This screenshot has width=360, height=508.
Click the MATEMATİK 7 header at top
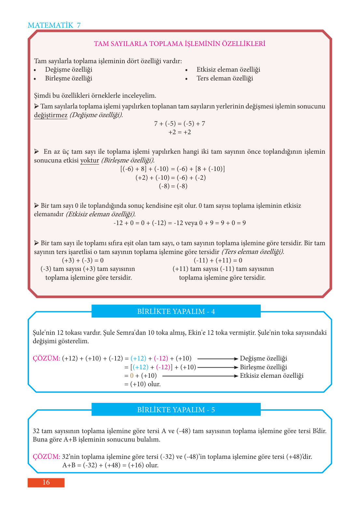54,25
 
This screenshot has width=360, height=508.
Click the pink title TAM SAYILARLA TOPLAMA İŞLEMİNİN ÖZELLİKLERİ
179,44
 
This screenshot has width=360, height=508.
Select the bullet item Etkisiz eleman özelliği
228,69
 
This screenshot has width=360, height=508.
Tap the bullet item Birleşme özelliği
68,78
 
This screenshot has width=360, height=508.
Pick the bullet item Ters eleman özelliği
225,78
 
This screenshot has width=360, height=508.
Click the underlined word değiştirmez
50,115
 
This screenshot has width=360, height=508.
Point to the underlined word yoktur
90,160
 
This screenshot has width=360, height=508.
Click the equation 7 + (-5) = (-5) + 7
179,123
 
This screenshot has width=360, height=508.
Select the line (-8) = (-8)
173,186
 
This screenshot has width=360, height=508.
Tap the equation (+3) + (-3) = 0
83,260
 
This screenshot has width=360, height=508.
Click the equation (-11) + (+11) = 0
218,260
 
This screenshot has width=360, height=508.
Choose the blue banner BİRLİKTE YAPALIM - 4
176,311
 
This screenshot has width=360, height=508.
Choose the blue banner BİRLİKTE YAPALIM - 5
176,410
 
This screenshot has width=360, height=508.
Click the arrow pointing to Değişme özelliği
217,359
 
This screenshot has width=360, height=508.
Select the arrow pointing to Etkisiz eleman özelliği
200,376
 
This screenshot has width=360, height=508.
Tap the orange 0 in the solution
132,376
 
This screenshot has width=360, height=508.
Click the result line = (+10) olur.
143,384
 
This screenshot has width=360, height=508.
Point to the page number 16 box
46,482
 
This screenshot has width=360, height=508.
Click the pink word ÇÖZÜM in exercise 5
46,457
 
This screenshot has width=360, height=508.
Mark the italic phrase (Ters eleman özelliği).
253,252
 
